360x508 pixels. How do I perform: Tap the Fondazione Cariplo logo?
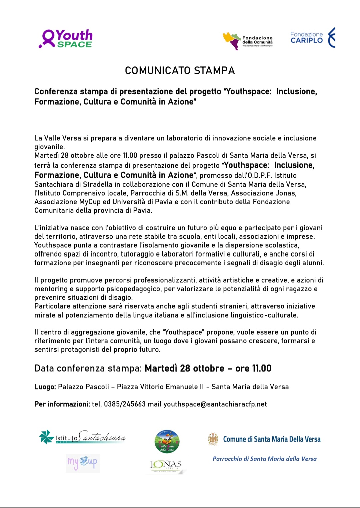(x=313, y=38)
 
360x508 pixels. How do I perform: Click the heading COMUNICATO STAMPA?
(x=180, y=71)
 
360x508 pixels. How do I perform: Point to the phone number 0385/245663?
(x=125, y=404)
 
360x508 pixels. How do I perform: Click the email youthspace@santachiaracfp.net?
(x=215, y=404)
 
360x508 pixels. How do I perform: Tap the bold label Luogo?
(x=45, y=387)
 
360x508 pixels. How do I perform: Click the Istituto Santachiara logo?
(x=83, y=437)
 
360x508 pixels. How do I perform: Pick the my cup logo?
(x=83, y=463)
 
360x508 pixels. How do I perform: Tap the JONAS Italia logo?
(x=166, y=465)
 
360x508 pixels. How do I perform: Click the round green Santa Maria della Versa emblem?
(x=167, y=442)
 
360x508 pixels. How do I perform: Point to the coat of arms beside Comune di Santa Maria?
(x=213, y=439)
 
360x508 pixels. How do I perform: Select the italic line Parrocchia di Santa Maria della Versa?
(x=265, y=459)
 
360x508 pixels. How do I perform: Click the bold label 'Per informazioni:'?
(x=62, y=404)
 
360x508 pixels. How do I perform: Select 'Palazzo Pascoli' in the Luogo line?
(x=83, y=387)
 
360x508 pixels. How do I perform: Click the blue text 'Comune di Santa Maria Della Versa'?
(x=272, y=439)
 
